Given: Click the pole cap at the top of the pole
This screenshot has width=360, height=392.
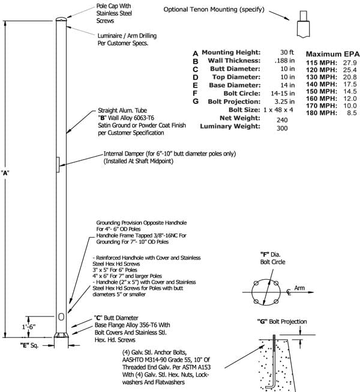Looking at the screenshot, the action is click(x=61, y=19).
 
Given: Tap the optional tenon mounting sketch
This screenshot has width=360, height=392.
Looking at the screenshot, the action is click(x=303, y=25).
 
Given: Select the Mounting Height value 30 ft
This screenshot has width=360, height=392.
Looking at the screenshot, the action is click(x=287, y=52).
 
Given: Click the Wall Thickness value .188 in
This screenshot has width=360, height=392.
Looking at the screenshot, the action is click(x=284, y=61).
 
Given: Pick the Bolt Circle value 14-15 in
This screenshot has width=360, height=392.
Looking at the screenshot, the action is click(x=283, y=94).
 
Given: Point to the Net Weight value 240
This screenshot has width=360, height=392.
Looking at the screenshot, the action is click(x=282, y=120).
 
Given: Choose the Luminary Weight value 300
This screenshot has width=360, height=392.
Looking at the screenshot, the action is click(x=282, y=128).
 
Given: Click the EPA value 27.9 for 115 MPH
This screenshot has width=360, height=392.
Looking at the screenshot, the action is click(x=350, y=63).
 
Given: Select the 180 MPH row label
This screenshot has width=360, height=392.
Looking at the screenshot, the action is click(x=322, y=113).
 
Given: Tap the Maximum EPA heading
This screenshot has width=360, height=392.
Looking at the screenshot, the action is click(x=333, y=54).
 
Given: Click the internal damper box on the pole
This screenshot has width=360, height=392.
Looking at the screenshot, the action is click(x=58, y=164).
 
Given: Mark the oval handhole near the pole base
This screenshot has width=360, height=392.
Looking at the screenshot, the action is click(x=61, y=317).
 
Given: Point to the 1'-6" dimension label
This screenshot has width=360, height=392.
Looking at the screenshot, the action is click(x=29, y=327).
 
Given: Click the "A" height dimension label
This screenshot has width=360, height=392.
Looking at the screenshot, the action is click(x=5, y=173).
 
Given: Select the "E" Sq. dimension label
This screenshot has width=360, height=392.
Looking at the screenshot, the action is click(x=29, y=346).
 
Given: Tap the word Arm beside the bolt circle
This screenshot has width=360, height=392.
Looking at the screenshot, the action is click(x=299, y=288).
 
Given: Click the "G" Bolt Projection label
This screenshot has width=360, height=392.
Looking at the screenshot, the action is click(x=282, y=322).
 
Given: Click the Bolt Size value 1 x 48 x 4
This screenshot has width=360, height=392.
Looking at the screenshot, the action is click(x=278, y=110).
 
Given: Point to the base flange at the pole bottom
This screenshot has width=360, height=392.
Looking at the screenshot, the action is click(x=61, y=335).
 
